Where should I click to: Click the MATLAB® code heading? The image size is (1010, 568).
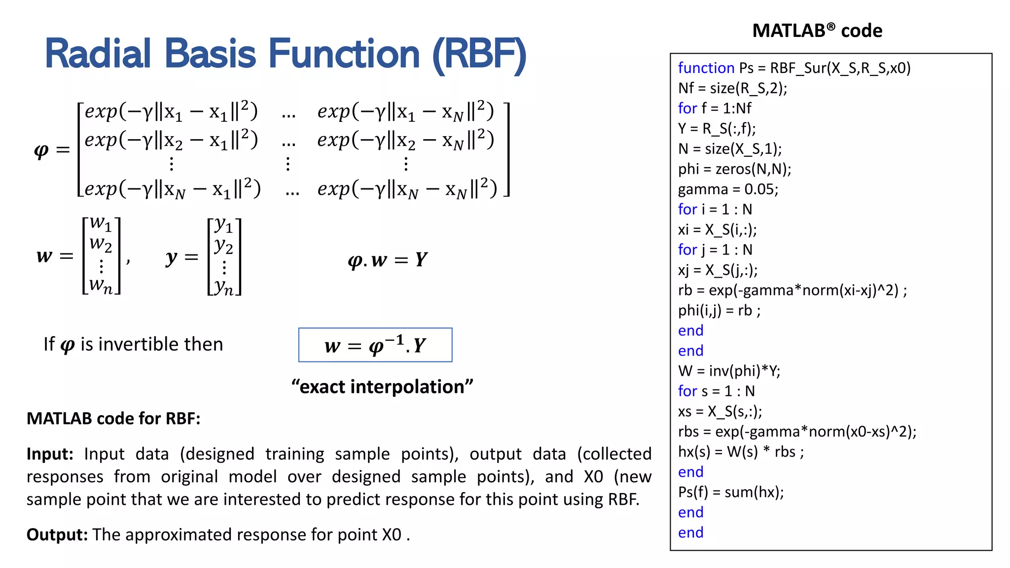[817, 31]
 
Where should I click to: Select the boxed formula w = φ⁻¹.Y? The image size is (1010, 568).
[375, 345]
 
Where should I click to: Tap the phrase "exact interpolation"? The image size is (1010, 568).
[382, 387]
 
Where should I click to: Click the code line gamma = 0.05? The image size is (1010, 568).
[727, 189]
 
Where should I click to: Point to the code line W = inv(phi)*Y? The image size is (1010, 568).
[729, 371]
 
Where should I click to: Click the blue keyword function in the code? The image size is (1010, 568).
[706, 68]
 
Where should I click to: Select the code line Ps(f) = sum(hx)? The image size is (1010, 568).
[730, 492]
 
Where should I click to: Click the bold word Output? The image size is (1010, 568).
[57, 534]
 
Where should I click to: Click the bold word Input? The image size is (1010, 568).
[50, 454]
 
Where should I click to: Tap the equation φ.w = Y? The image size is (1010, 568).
[388, 260]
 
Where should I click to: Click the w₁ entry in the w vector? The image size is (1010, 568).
[101, 224]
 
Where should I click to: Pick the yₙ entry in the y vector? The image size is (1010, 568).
[224, 286]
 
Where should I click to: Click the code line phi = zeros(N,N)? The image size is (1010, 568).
[734, 169]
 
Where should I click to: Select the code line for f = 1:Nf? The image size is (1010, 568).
[714, 108]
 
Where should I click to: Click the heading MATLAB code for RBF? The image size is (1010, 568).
[113, 419]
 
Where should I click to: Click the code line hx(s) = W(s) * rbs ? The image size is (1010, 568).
[740, 452]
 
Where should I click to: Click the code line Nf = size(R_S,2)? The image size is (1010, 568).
[732, 88]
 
